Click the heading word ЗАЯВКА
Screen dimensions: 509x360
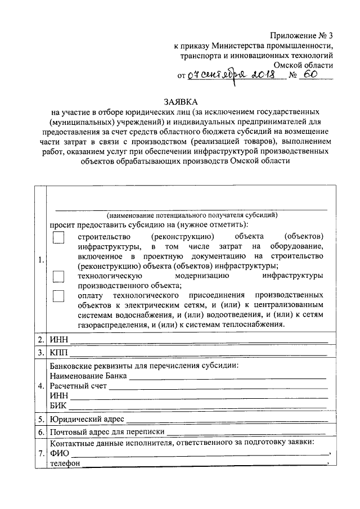click(181, 102)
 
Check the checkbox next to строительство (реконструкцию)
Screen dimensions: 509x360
click(59, 238)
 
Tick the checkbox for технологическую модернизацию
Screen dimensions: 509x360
click(59, 276)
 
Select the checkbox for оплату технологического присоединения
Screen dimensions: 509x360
click(59, 296)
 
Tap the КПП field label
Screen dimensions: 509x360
click(58, 353)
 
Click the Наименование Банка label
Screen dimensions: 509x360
click(88, 376)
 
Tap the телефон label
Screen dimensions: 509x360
click(65, 464)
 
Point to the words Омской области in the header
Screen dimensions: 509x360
click(303, 65)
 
